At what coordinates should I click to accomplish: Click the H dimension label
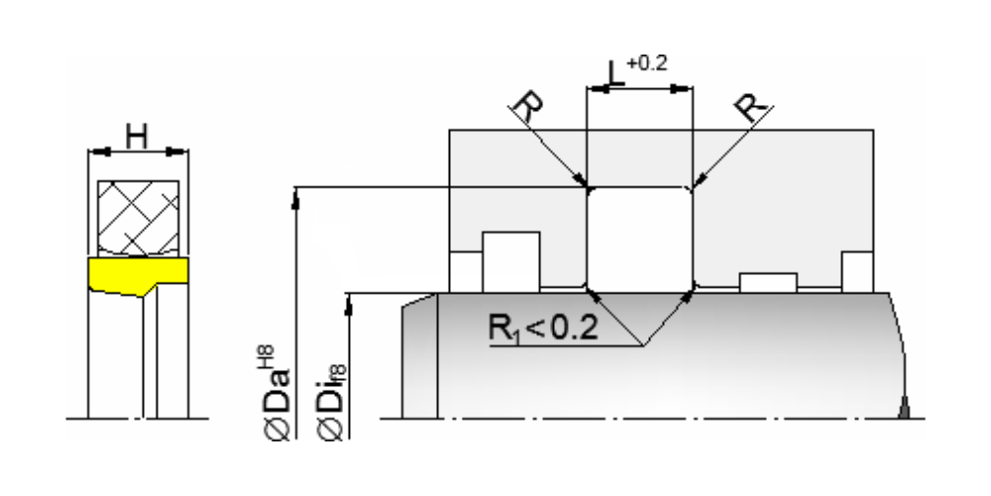tap(137, 136)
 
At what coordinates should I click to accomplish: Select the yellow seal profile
tap(138, 274)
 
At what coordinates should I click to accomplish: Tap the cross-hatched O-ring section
tap(139, 218)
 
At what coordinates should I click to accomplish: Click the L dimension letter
tap(615, 74)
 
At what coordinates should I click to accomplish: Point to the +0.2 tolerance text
tap(647, 63)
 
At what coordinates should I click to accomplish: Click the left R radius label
tap(528, 106)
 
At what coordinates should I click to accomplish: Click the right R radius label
tap(753, 106)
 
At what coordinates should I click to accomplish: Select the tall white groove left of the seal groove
tap(510, 262)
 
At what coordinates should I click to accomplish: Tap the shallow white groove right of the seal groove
tap(768, 282)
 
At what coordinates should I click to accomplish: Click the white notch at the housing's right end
tap(857, 272)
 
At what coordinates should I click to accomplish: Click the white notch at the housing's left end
tap(466, 272)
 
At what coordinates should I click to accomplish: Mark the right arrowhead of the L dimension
tap(682, 89)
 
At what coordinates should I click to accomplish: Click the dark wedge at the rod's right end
tap(904, 408)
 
